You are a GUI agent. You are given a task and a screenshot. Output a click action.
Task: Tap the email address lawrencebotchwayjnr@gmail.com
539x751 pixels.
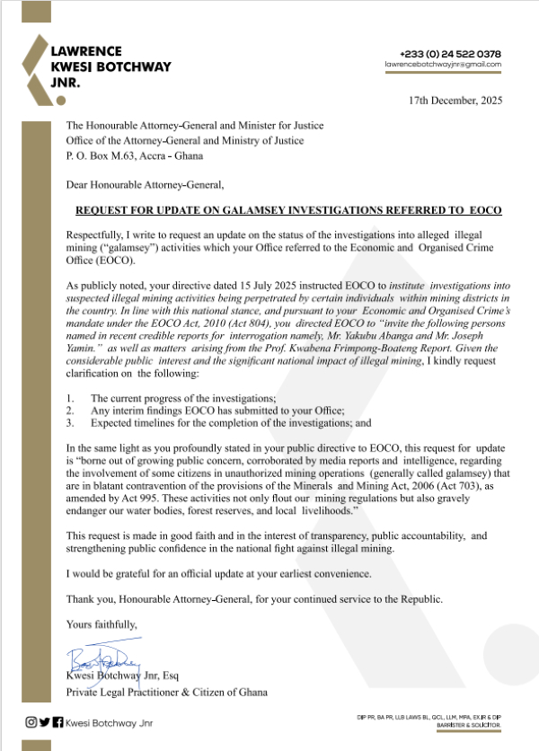(443, 65)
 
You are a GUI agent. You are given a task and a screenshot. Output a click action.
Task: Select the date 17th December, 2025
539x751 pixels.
(455, 100)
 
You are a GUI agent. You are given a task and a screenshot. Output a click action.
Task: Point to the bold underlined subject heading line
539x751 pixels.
(287, 209)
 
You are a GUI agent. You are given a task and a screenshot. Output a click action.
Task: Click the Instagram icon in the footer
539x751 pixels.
(31, 721)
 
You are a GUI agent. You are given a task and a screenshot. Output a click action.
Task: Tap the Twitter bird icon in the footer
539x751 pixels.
(44, 721)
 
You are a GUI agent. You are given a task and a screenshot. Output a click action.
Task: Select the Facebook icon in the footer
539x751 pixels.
(57, 721)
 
